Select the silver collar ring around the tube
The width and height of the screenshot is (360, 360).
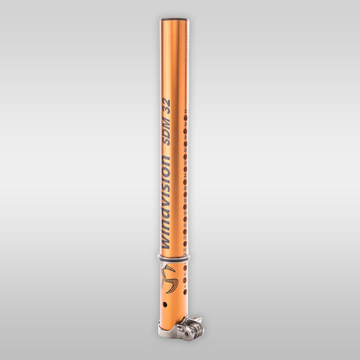coord(175,257)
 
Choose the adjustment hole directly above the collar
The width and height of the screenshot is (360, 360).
coord(185,248)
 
